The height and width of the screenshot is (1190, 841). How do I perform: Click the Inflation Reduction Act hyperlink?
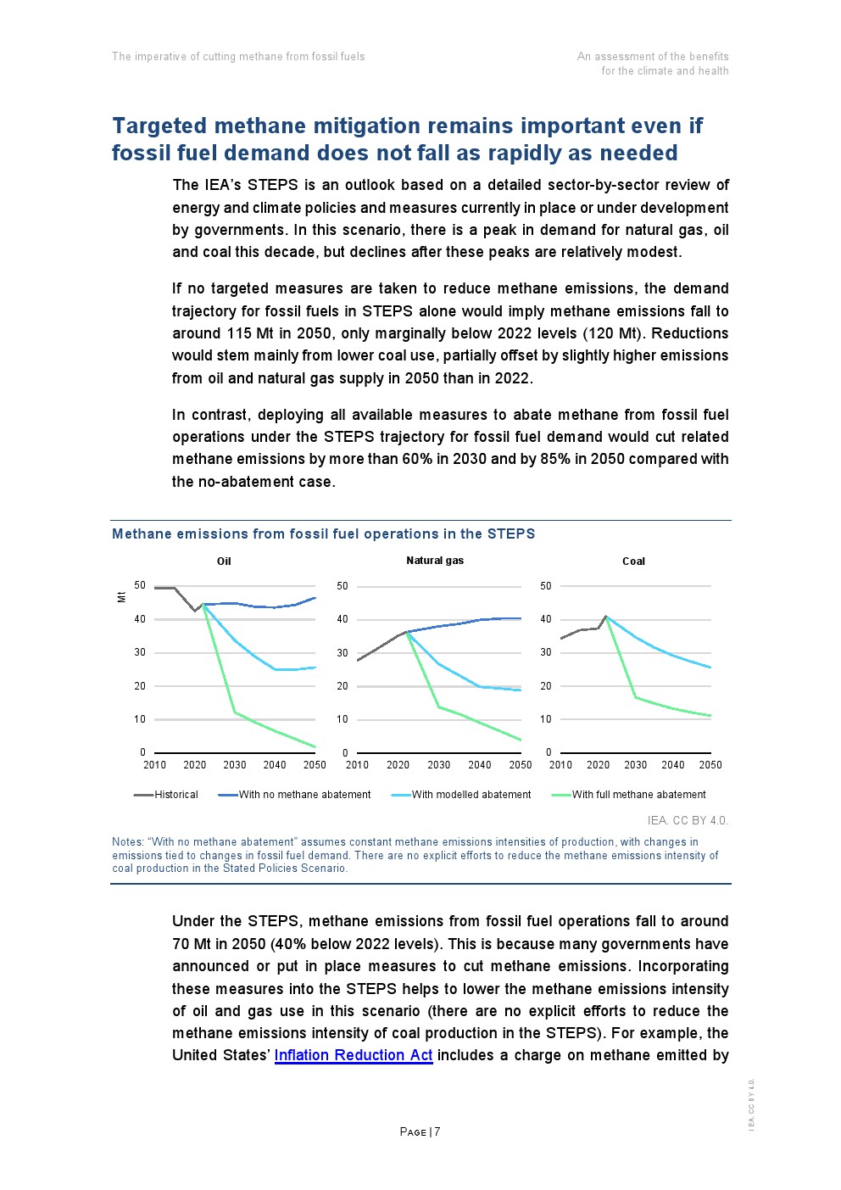tap(354, 1055)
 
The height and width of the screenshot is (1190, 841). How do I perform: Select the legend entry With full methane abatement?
tap(638, 795)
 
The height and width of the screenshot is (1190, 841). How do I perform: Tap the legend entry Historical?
tap(175, 795)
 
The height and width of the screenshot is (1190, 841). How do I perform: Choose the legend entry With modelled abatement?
tap(471, 795)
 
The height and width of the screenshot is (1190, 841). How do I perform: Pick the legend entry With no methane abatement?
tap(304, 795)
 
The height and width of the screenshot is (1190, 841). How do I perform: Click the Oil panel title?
tap(224, 561)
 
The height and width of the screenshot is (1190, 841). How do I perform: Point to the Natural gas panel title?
tap(435, 561)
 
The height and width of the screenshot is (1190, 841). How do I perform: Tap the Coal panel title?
tap(633, 561)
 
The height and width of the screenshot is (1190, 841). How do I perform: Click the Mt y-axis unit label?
tap(121, 597)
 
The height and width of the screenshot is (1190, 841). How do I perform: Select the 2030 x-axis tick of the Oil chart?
tap(235, 765)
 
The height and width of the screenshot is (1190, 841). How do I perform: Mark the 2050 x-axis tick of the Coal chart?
tap(710, 765)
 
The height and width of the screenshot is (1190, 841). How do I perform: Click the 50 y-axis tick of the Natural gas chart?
tap(343, 586)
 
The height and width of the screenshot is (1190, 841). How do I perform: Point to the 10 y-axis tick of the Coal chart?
tap(546, 719)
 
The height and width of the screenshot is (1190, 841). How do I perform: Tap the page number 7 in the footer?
tap(437, 1132)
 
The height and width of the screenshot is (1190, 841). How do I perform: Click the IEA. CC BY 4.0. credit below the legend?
tap(688, 820)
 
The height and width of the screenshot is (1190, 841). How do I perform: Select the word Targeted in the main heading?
tap(159, 126)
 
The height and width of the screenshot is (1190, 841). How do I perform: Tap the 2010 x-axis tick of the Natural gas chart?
tap(358, 765)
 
